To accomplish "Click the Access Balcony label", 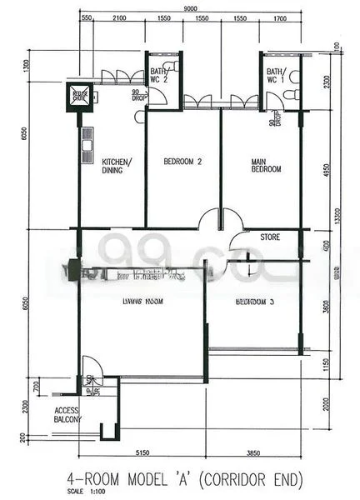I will [67, 416].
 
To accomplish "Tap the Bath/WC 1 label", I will [276, 77].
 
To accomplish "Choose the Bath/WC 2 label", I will [162, 77].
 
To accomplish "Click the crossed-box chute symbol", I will [81, 94].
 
